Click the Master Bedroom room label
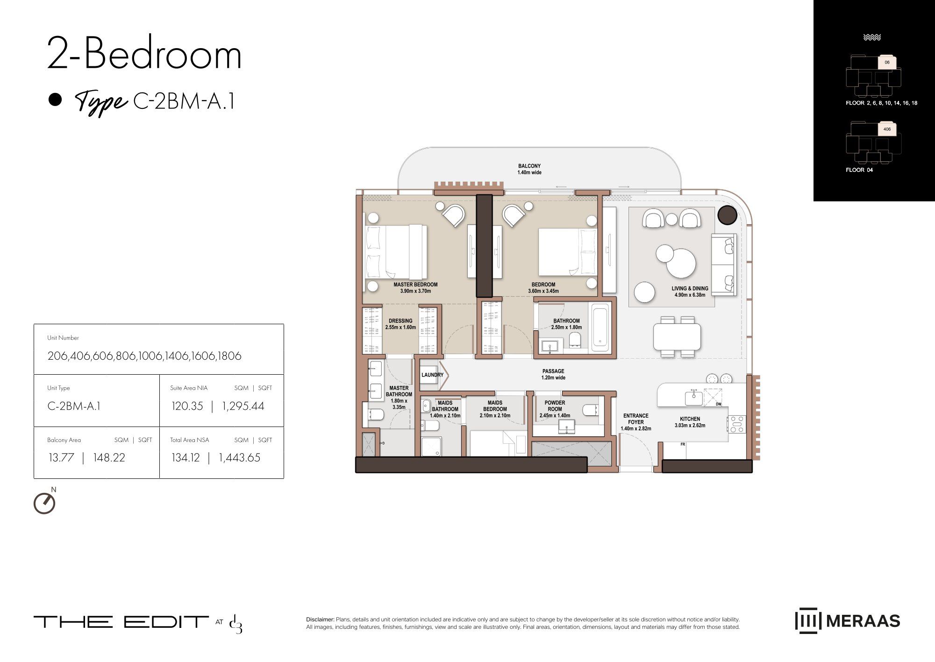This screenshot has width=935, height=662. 415,288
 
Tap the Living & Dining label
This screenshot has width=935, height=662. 690,292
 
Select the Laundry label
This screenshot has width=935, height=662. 432,375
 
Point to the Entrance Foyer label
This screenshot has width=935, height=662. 635,422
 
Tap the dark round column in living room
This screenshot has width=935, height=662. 727,215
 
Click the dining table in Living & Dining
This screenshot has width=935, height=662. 677,337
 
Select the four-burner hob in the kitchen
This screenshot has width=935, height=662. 736,424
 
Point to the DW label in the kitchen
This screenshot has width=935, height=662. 718,404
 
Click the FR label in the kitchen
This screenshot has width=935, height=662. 683,444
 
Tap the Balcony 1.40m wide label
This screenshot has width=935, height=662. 529,169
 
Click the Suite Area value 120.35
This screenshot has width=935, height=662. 187,406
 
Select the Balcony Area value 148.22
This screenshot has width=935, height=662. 109,457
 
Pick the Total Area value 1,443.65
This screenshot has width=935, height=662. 239,457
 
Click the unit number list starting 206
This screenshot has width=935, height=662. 144,356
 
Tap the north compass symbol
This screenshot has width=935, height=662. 45,502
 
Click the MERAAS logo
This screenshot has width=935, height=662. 847,620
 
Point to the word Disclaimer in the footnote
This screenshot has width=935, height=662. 320,619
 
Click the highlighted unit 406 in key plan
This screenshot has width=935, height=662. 887,129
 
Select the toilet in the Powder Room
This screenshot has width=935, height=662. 590,411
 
